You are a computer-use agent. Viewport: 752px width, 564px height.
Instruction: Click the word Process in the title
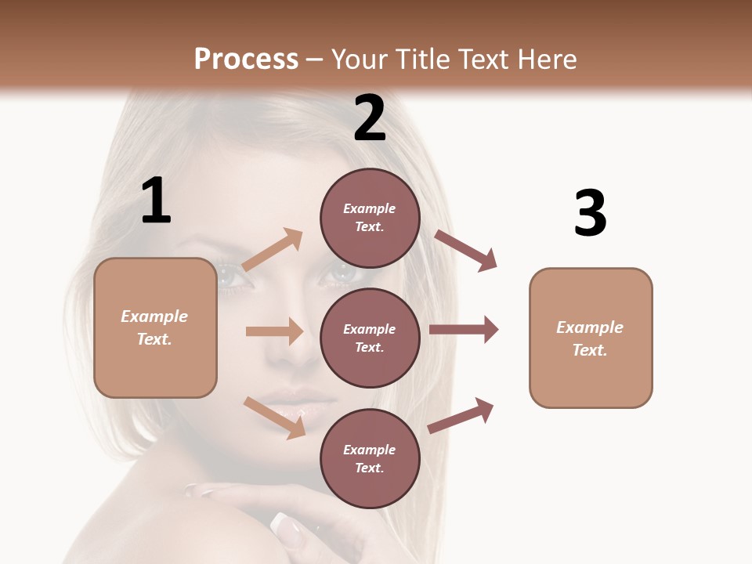pos(246,59)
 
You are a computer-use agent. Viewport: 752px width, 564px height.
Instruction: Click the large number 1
pos(156,201)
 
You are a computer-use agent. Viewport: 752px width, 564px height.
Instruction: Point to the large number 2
pos(370,118)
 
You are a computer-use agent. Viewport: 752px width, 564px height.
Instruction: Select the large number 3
pos(590,213)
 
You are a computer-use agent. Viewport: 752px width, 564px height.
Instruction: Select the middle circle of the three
pos(370,338)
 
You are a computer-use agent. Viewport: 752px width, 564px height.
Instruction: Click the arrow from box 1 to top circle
pos(273,250)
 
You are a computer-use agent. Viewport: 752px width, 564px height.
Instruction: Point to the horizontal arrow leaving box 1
pos(274,331)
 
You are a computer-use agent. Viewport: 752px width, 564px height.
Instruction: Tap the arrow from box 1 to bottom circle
pos(274,418)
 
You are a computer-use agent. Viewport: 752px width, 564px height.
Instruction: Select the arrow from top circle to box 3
pos(466,250)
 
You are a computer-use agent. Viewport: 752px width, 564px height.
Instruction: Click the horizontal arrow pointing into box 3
pos(464,330)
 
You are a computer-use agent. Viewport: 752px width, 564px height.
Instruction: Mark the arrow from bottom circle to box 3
pos(461,415)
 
